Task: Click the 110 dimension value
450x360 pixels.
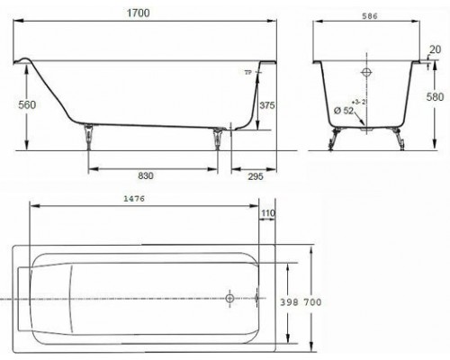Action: [x=267, y=212]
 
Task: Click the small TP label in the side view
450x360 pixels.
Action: [x=248, y=71]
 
